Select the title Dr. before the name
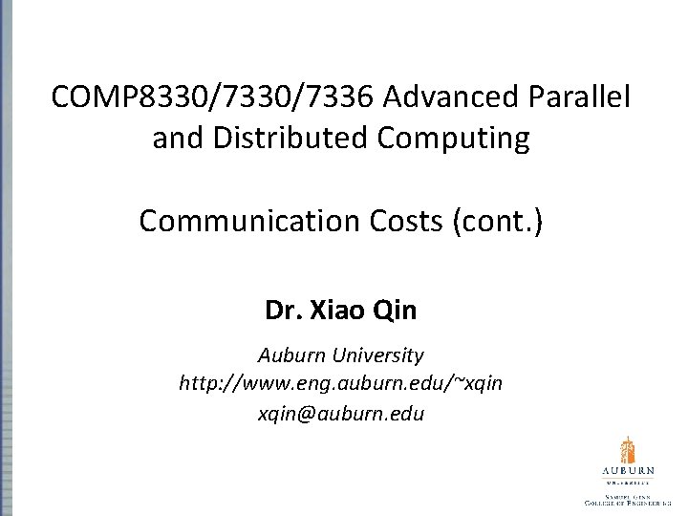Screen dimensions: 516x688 284,311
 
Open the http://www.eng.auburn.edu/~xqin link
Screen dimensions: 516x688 343,384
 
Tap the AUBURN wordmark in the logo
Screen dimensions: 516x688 627,473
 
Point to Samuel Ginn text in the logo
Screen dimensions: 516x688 627,497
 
